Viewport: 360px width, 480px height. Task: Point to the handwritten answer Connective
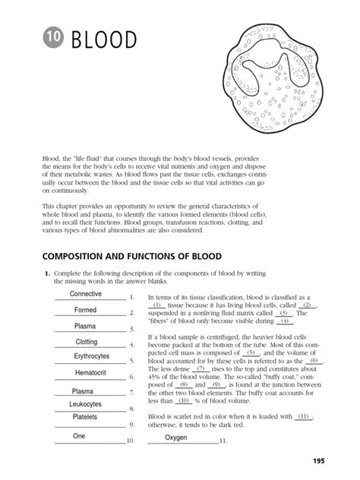pyautogui.click(x=86, y=294)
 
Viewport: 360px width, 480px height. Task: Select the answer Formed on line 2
pyautogui.click(x=85, y=310)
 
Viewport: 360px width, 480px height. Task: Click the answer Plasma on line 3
pyautogui.click(x=84, y=326)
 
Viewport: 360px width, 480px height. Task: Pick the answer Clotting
pyautogui.click(x=87, y=342)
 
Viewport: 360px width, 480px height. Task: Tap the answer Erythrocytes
pyautogui.click(x=91, y=355)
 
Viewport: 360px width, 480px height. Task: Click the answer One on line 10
pyautogui.click(x=79, y=436)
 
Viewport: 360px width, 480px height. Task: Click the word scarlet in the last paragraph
pyautogui.click(x=185, y=417)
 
